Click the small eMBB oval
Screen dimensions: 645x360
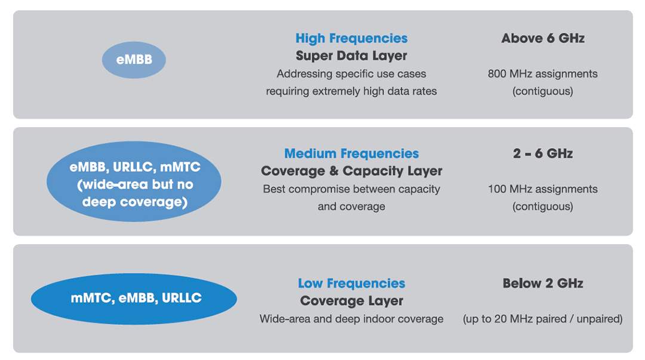point(134,60)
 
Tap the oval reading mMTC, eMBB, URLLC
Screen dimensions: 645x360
point(134,299)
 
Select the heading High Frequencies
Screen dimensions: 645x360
point(351,38)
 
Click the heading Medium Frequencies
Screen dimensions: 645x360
point(351,153)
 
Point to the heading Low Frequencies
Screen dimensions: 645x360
point(351,283)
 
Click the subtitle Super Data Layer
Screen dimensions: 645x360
point(351,56)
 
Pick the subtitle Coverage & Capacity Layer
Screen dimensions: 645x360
point(351,171)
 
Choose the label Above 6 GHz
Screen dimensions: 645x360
point(542,38)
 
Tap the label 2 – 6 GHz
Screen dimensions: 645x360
point(542,153)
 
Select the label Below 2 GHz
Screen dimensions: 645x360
point(542,283)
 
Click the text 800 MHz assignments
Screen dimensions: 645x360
point(542,73)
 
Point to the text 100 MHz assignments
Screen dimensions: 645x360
point(542,189)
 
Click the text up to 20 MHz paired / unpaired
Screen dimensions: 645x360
point(542,319)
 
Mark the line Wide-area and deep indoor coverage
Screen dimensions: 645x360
point(351,319)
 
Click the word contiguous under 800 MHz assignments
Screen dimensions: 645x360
point(542,91)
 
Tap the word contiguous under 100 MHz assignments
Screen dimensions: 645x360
point(542,206)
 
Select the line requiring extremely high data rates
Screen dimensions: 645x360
point(351,91)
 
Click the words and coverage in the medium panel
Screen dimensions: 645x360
point(351,206)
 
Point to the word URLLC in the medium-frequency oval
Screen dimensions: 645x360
point(132,167)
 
